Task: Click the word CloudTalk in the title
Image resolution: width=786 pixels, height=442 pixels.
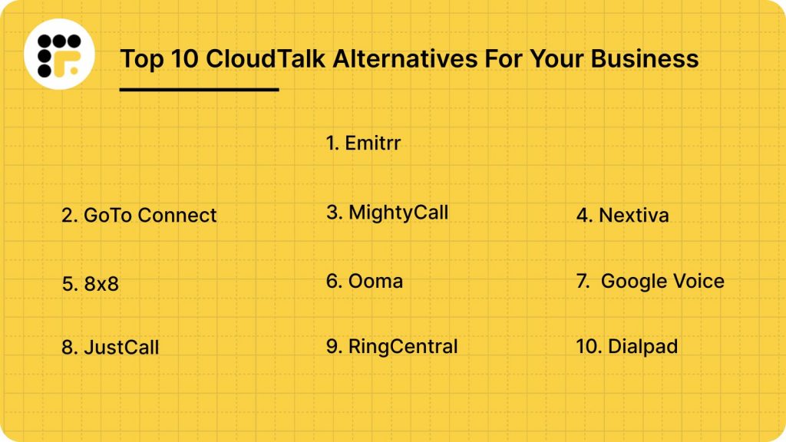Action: (x=239, y=58)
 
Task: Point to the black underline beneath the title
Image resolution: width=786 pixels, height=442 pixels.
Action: (x=199, y=90)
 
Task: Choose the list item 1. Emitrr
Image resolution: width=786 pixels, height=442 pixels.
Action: (x=363, y=143)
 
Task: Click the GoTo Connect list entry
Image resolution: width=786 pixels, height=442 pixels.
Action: (x=139, y=216)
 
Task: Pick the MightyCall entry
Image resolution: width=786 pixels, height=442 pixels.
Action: (x=387, y=213)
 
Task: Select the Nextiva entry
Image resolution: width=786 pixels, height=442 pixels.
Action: (x=623, y=216)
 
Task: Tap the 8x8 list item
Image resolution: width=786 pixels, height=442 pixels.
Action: (x=90, y=285)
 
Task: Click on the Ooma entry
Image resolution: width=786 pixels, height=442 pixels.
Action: (x=365, y=281)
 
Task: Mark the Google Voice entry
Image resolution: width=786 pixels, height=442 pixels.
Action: (x=651, y=281)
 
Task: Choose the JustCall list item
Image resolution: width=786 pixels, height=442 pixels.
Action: (x=110, y=347)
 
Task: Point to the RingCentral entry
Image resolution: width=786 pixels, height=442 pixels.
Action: (x=391, y=347)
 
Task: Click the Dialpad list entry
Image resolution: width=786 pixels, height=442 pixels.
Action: (x=626, y=347)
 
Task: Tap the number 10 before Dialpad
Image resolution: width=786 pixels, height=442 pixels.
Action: (x=587, y=347)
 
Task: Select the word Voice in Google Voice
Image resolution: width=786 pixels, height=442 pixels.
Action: (x=695, y=281)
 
